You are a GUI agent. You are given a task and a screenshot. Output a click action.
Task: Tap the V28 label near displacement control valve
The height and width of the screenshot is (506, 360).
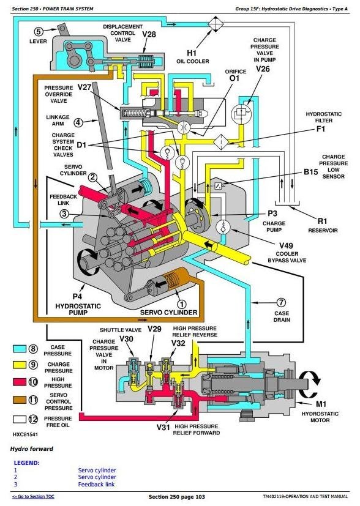click(x=149, y=34)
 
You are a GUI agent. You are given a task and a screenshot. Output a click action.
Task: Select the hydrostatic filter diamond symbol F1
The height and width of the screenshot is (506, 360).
click(x=221, y=141)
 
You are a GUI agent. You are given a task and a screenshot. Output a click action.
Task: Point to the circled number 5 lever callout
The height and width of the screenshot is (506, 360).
click(x=38, y=31)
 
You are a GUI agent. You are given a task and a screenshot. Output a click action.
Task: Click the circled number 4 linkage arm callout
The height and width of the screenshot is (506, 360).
click(x=78, y=122)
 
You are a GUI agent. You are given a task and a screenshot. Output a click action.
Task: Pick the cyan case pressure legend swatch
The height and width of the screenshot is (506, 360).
click(x=20, y=349)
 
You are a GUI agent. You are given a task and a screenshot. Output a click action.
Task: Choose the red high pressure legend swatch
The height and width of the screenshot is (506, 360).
click(x=20, y=382)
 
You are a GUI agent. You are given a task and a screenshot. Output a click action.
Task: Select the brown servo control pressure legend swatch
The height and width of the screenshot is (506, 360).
click(x=20, y=400)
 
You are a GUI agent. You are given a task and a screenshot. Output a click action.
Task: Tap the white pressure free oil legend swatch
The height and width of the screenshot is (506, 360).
click(x=20, y=419)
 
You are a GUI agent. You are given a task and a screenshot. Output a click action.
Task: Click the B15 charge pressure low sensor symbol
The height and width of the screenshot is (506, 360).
click(x=218, y=185)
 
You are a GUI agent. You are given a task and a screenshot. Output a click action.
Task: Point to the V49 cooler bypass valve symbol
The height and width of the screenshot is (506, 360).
click(x=222, y=227)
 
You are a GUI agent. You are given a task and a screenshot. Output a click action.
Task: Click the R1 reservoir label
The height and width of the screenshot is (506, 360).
click(x=322, y=221)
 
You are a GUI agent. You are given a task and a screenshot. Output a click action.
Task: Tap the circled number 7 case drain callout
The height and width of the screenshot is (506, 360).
click(x=281, y=302)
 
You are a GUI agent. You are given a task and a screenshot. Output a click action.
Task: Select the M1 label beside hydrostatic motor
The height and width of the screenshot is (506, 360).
click(x=321, y=404)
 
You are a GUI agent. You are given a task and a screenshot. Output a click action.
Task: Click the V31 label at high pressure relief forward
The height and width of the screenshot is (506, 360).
click(x=163, y=428)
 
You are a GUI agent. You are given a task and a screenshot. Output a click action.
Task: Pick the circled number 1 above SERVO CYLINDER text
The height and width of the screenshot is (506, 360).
click(x=182, y=304)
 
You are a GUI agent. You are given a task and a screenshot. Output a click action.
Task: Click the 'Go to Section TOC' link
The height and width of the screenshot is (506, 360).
click(x=33, y=497)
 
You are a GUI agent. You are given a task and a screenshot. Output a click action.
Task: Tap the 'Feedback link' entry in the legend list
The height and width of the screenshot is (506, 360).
click(x=96, y=484)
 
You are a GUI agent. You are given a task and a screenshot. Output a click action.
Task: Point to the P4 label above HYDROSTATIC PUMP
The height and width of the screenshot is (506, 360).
click(x=77, y=296)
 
